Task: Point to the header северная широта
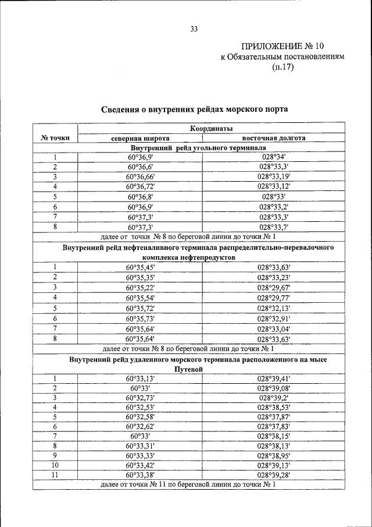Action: (x=140, y=138)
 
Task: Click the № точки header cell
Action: (x=55, y=137)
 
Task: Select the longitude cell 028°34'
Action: (x=274, y=157)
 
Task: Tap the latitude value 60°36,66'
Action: (x=140, y=176)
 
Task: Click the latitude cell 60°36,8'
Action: (x=140, y=197)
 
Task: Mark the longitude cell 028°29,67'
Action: (x=274, y=288)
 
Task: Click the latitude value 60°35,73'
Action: (x=140, y=319)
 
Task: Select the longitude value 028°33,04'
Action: (x=274, y=328)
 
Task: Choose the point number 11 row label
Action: (x=55, y=475)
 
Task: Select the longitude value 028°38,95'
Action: (x=274, y=455)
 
